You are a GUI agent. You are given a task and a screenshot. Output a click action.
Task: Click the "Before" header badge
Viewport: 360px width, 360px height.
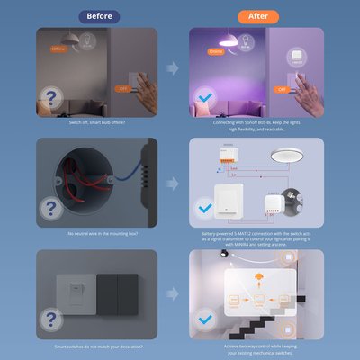coord(99,16)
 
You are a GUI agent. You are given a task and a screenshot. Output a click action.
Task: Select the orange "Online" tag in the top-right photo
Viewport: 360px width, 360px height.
coord(216,51)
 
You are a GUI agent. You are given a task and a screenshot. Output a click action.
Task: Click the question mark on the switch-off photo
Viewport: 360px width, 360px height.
coord(53,95)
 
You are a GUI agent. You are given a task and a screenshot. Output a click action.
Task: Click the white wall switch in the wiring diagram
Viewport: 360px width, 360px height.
coord(229,200)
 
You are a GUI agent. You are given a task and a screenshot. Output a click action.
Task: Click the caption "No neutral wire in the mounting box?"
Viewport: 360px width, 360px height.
coord(96,235)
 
